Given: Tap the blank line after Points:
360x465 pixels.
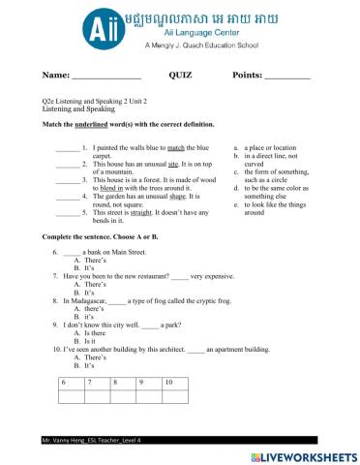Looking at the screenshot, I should click(287, 76).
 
